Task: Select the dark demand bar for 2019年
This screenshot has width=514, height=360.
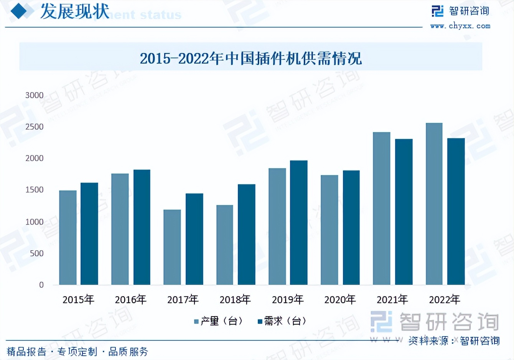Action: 298,223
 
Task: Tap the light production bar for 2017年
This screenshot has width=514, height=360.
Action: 172,247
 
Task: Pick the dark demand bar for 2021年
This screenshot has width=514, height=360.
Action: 404,212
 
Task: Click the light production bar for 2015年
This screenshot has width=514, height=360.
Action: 68,238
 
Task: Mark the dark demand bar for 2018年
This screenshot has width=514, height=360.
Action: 246,234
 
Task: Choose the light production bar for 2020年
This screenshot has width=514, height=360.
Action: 329,230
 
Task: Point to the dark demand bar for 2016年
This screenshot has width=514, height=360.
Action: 142,227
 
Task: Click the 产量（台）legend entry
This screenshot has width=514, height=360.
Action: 219,321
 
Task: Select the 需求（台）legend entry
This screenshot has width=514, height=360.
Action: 282,321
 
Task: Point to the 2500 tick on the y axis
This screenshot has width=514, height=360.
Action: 35,127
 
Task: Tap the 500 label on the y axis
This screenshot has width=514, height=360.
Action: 37,253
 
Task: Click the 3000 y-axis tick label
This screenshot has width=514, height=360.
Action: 35,95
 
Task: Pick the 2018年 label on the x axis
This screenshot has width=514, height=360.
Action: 235,299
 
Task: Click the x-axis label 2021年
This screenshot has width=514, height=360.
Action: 392,299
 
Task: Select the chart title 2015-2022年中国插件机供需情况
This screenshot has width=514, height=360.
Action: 250,58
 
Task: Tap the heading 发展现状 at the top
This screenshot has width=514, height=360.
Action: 75,12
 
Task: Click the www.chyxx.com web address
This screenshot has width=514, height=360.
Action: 460,26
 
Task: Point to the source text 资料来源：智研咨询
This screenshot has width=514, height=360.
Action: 454,340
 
